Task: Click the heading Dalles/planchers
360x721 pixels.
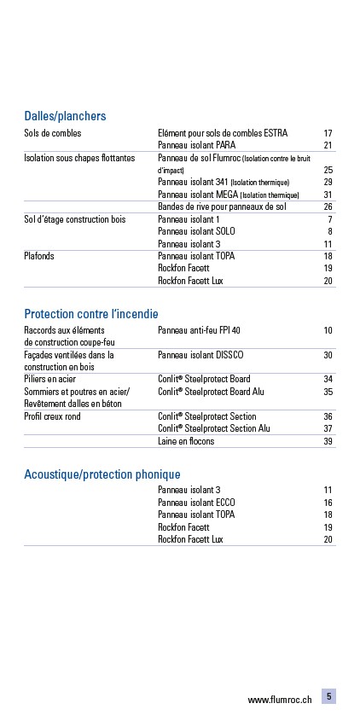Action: click(x=65, y=116)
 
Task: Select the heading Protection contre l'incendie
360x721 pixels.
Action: click(x=90, y=314)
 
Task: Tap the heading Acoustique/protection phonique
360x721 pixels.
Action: click(x=102, y=474)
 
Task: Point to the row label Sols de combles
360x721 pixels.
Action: click(x=53, y=134)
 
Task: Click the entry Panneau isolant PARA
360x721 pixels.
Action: click(x=197, y=146)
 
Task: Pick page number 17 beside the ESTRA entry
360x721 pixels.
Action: click(x=328, y=134)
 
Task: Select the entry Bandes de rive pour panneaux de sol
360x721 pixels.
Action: click(x=221, y=206)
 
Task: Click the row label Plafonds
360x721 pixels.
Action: click(x=40, y=256)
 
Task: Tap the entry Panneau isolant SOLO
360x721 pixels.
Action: click(x=196, y=231)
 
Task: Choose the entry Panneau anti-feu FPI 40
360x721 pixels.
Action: click(x=200, y=330)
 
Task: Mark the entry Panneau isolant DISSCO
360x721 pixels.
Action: click(x=202, y=355)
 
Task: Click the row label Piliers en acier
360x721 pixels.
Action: click(x=50, y=379)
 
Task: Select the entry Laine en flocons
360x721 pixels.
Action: click(x=186, y=441)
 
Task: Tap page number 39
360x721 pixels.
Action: click(x=328, y=441)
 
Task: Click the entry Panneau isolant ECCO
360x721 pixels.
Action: click(x=196, y=503)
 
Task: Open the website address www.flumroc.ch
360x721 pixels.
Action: click(x=279, y=700)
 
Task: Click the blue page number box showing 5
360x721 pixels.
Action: click(x=328, y=696)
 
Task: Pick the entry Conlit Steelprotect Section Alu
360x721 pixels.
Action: click(x=213, y=428)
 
